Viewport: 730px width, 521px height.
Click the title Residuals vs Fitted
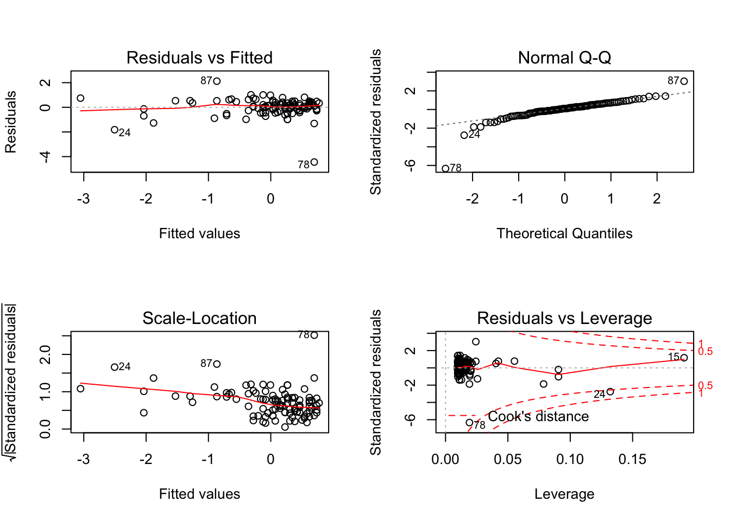199,58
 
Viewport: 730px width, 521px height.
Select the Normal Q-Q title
564,58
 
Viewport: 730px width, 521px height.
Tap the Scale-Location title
199,318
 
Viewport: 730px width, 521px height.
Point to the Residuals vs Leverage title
564,318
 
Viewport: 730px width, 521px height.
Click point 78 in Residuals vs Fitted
314,162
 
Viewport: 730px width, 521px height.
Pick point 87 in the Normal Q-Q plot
684,81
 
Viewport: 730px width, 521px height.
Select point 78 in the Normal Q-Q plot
445,168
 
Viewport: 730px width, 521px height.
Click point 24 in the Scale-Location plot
115,367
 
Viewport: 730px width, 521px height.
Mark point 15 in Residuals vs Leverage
684,358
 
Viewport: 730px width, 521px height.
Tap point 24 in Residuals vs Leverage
611,392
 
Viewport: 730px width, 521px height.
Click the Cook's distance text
538,416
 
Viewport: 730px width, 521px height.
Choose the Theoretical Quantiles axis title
564,233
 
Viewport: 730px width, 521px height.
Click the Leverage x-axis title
564,494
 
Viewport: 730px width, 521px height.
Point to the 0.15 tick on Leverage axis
632,459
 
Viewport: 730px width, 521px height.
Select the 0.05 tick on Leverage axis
508,459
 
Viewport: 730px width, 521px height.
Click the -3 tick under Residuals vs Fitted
84,199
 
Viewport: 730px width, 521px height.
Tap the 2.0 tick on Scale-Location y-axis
46,355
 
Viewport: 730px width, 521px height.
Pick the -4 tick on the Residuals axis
46,156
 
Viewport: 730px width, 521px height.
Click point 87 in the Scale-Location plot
217,364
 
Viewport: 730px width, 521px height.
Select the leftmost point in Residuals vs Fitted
80,98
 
